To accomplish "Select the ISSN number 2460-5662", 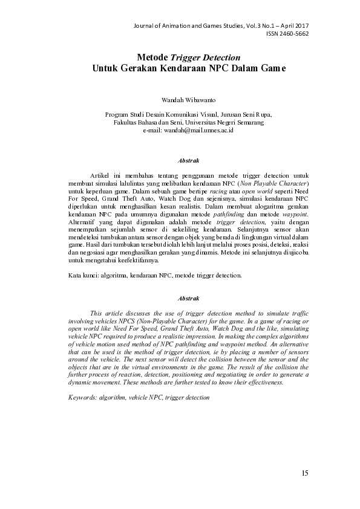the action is pos(295,34).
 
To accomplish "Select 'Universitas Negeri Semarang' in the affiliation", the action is pos(224,122).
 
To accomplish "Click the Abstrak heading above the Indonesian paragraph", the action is pos(188,161).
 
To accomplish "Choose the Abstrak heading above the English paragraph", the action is pos(188,298).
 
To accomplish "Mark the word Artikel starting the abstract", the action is pos(100,175).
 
